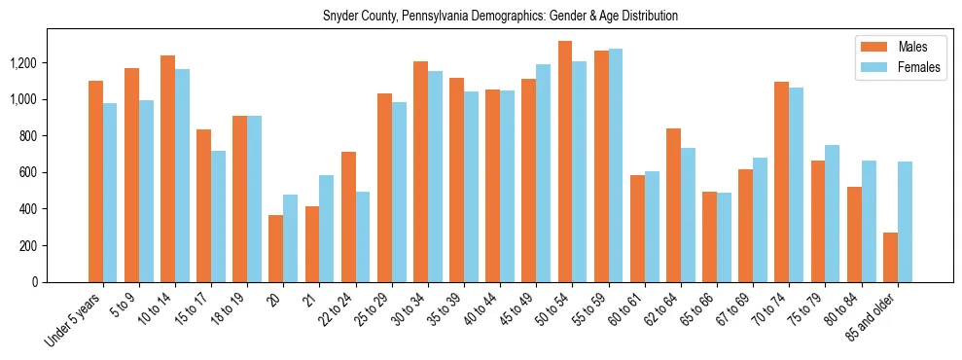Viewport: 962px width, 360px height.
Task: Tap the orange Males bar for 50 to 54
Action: pyautogui.click(x=564, y=162)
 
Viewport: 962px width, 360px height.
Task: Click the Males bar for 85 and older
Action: pyautogui.click(x=890, y=258)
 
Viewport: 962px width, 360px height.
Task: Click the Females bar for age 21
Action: pyautogui.click(x=327, y=229)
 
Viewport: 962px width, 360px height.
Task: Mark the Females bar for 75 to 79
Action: pyautogui.click(x=833, y=214)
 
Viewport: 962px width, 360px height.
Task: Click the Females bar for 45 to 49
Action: pyautogui.click(x=544, y=173)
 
